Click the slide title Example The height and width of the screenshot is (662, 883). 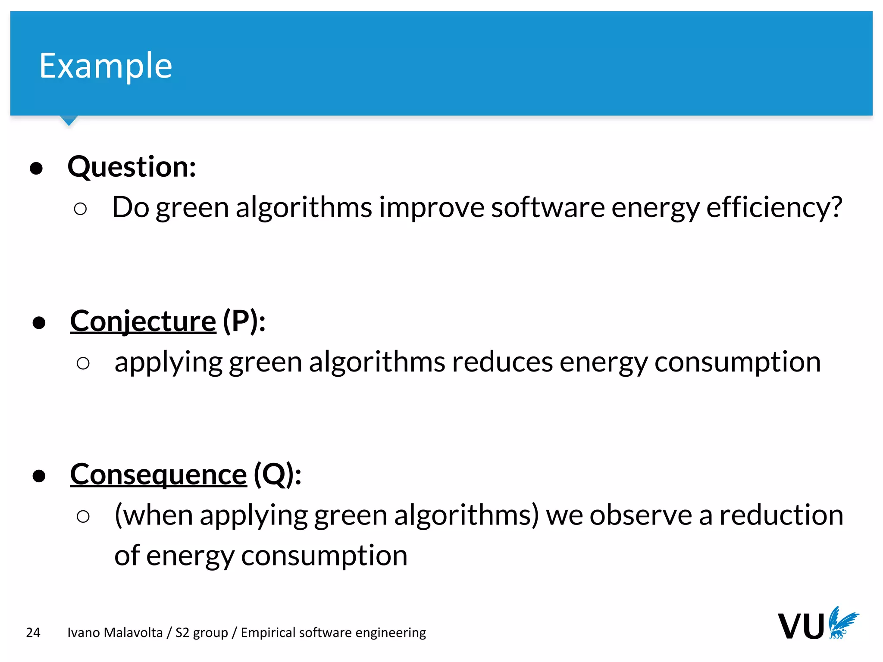pos(106,66)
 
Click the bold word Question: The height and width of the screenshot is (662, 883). pos(132,167)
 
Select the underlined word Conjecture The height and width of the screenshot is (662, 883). pos(143,321)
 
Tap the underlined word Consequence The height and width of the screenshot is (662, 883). pos(158,475)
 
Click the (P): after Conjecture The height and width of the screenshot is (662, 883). pos(244,321)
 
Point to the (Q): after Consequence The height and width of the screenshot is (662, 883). pos(277,475)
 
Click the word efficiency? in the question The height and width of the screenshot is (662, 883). pos(774,207)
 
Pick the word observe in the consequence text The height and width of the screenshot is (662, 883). pos(641,515)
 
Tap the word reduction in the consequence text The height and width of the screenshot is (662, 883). pos(781,515)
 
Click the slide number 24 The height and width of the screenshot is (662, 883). pos(33,632)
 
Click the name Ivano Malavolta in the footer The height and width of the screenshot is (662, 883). pos(115,632)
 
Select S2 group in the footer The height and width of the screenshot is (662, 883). pos(201,632)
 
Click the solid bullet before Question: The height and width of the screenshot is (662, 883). pos(36,169)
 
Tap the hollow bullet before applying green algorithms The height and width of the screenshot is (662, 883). pos(83,363)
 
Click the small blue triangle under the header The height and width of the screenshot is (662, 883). pos(69,120)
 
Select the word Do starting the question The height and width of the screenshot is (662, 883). pos(130,207)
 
